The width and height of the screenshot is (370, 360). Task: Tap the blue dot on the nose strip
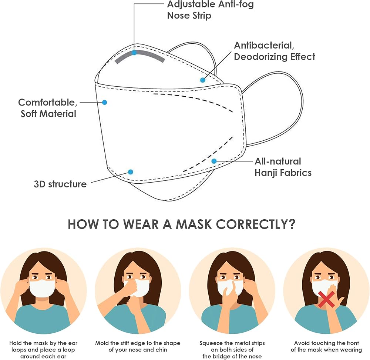(134, 53)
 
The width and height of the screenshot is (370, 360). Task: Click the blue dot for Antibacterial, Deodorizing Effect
(203, 80)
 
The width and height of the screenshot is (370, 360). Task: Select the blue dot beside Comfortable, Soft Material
(105, 102)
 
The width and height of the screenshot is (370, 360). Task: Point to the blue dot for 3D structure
(131, 172)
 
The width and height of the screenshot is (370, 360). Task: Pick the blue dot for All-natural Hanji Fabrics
(214, 161)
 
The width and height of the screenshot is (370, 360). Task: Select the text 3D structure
(60, 184)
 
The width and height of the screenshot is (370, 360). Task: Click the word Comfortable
(47, 103)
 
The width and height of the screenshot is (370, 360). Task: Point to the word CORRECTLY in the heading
(256, 224)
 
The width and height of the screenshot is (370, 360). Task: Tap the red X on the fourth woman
(326, 299)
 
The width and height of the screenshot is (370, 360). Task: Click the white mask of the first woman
(43, 288)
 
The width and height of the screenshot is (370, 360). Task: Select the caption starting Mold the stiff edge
(138, 346)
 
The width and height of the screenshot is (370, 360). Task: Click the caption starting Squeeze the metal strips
(232, 350)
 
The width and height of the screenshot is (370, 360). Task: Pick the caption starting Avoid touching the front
(326, 346)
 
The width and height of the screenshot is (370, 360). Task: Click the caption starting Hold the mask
(43, 350)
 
